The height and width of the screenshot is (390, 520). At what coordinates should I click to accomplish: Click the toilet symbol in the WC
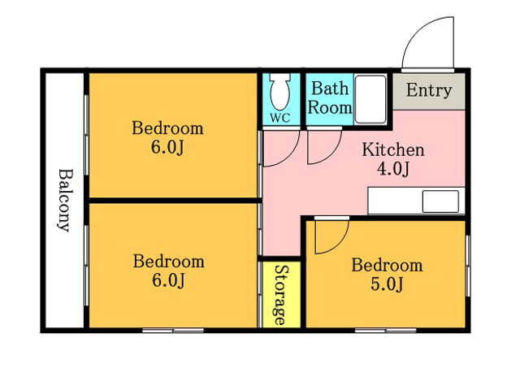click(x=280, y=92)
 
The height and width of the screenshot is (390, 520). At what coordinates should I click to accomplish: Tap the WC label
click(x=280, y=118)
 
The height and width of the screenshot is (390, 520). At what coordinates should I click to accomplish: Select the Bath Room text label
click(x=330, y=98)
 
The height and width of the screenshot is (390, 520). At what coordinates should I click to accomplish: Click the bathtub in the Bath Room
click(x=370, y=99)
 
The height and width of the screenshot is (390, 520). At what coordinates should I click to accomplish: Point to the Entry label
click(x=429, y=90)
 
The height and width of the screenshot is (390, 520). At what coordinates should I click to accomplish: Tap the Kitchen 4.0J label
click(x=393, y=159)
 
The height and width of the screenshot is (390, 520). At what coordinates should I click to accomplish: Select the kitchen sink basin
click(x=440, y=201)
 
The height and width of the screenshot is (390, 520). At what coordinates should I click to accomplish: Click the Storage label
click(x=281, y=294)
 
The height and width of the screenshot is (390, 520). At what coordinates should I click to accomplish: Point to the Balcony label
click(x=64, y=201)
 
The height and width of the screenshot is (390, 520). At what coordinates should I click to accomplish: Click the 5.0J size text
click(x=387, y=284)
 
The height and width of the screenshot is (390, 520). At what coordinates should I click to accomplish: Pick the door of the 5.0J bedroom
click(x=331, y=236)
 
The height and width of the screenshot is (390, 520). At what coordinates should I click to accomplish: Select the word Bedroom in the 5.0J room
click(x=387, y=266)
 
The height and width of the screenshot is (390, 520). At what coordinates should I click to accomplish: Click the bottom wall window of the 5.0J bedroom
click(x=386, y=331)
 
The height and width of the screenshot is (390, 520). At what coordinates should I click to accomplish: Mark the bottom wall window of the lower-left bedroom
click(x=173, y=331)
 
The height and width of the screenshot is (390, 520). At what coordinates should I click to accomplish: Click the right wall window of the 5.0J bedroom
click(x=468, y=266)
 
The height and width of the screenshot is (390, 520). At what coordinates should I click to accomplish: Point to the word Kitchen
click(x=393, y=149)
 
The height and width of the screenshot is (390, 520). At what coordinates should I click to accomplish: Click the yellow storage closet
click(x=281, y=294)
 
